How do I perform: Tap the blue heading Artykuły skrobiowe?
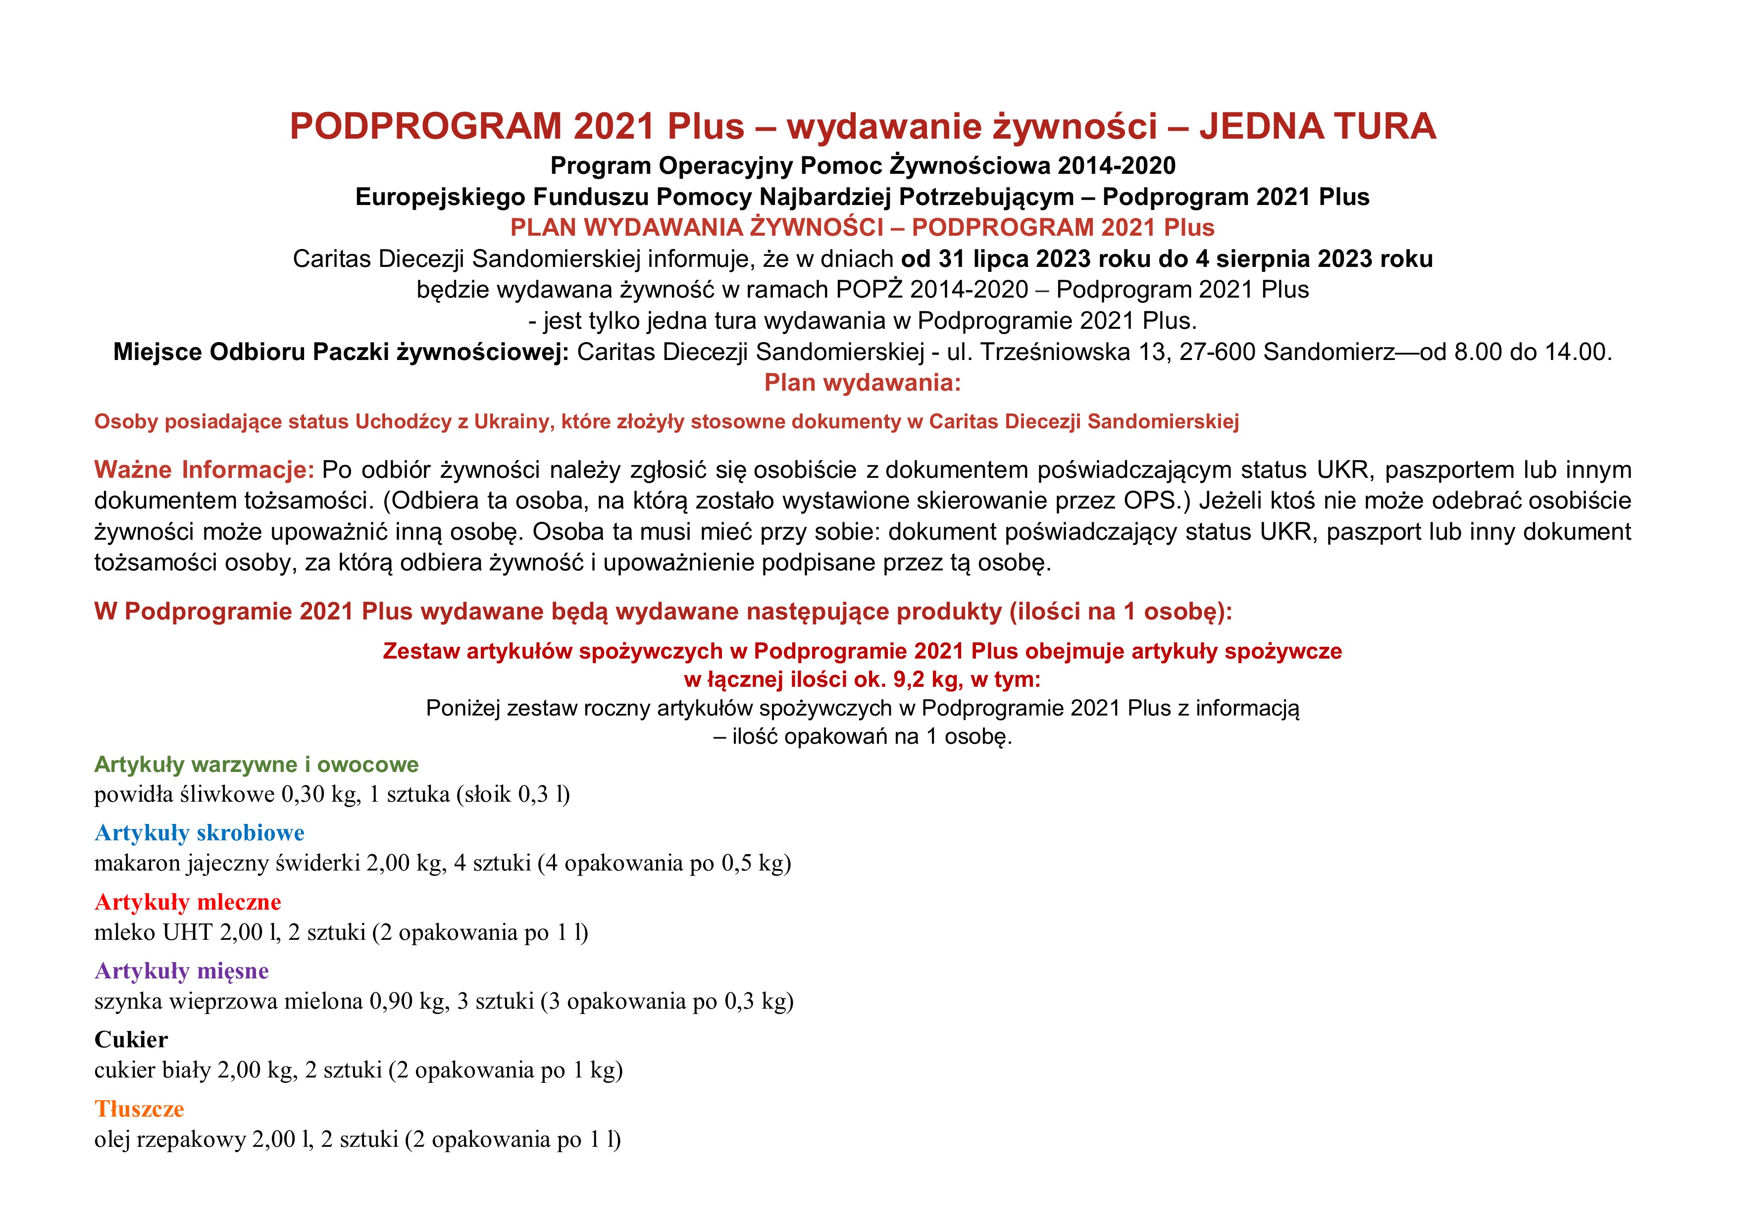pos(199,833)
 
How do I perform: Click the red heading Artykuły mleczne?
pos(188,902)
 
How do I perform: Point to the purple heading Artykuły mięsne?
pos(182,971)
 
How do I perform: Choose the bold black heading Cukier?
pos(131,1040)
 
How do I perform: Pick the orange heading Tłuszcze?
pos(139,1109)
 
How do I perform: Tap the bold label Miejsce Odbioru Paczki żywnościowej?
pos(341,352)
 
